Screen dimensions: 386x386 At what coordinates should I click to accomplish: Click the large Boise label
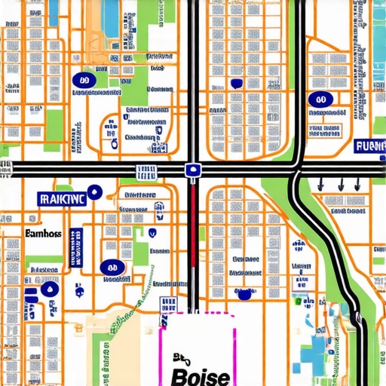200,375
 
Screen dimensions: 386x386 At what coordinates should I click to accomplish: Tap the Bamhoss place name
42,234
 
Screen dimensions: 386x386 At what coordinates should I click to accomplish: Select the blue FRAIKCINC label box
63,199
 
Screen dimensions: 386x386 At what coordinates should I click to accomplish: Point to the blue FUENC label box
369,146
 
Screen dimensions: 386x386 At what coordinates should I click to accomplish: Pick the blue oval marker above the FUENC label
320,99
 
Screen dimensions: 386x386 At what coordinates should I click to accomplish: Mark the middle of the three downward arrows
341,183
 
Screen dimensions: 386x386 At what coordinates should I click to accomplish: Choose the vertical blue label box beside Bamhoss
75,248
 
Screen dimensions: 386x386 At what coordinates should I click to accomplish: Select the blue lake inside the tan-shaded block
111,19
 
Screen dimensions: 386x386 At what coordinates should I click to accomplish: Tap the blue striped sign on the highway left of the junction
142,171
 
